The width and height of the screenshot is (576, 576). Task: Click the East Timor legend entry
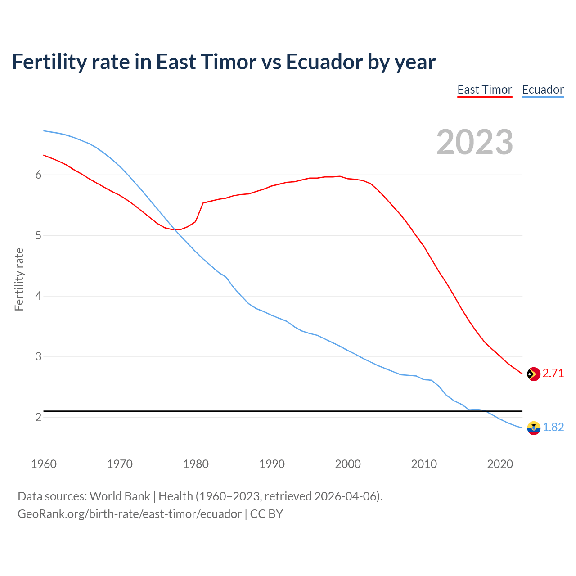click(x=485, y=90)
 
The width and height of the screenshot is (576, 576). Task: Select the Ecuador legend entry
click(x=543, y=90)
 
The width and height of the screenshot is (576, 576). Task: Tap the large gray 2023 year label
click(x=475, y=142)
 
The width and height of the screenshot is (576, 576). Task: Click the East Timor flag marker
click(x=533, y=374)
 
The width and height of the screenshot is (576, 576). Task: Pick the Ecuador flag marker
click(x=533, y=427)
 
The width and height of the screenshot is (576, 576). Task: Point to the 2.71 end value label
click(x=553, y=373)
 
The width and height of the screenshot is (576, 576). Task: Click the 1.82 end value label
click(x=553, y=427)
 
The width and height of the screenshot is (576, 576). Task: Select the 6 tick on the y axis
click(x=38, y=175)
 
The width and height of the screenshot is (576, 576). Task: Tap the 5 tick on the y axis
click(x=38, y=235)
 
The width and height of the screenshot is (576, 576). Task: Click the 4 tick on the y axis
click(x=38, y=296)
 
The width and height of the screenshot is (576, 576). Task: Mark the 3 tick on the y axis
click(x=38, y=357)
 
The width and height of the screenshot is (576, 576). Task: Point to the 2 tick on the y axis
click(x=38, y=417)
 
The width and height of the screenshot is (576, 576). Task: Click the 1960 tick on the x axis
click(x=44, y=464)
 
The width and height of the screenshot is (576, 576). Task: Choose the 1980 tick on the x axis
click(x=196, y=464)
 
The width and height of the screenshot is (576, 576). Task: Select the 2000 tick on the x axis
click(x=348, y=464)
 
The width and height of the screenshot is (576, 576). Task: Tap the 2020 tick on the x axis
click(x=500, y=464)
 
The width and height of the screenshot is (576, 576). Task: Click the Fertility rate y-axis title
click(x=19, y=279)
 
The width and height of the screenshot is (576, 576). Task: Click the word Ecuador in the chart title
click(x=324, y=62)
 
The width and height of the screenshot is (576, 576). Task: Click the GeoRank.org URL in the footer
click(x=130, y=514)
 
